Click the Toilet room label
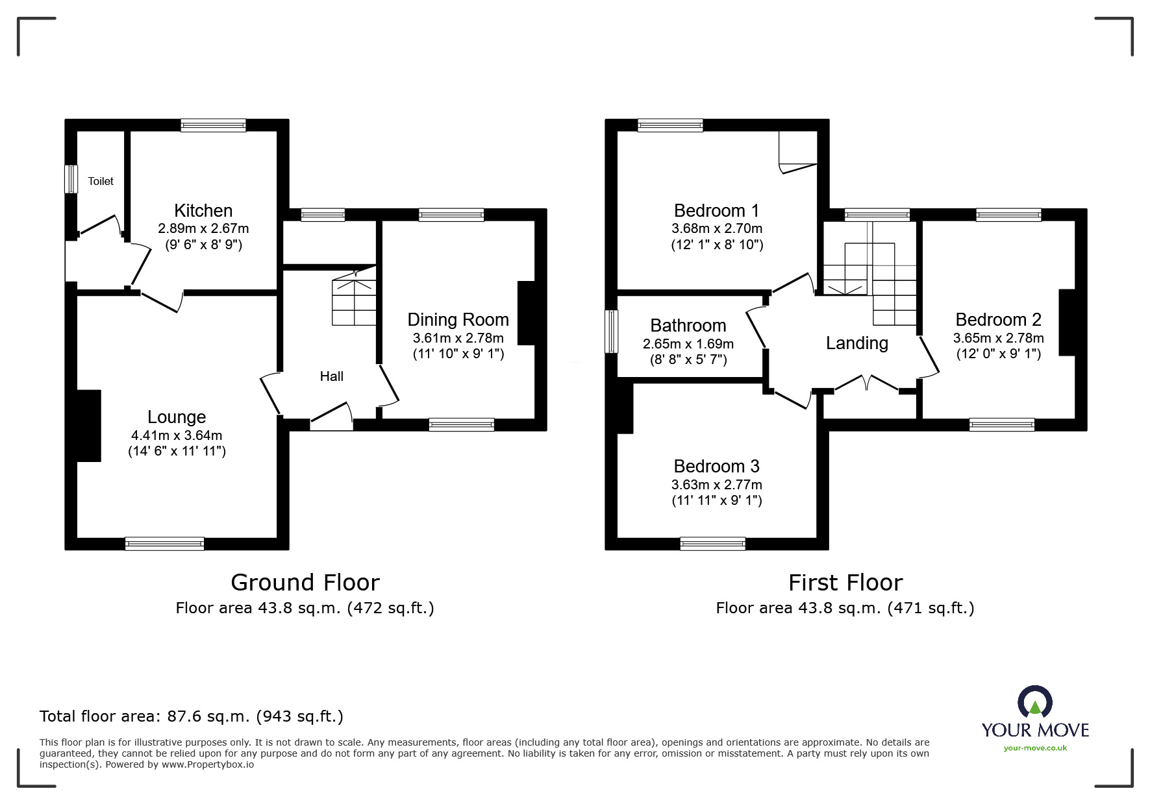pyautogui.click(x=101, y=181)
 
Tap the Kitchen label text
pyautogui.click(x=203, y=210)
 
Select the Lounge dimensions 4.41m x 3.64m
pyautogui.click(x=177, y=435)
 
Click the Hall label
pyautogui.click(x=331, y=376)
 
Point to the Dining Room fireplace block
pyautogui.click(x=526, y=313)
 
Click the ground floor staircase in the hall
pyautogui.click(x=354, y=302)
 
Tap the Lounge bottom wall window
pyautogui.click(x=164, y=544)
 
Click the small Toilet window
pyautogui.click(x=70, y=179)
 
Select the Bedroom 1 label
pyautogui.click(x=716, y=210)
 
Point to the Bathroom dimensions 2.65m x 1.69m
pyautogui.click(x=688, y=344)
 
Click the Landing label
pyautogui.click(x=856, y=343)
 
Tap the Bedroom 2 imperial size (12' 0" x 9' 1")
pyautogui.click(x=998, y=354)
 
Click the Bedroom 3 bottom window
pyautogui.click(x=712, y=544)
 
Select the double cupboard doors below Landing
pyautogui.click(x=867, y=384)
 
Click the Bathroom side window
pyautogui.click(x=611, y=332)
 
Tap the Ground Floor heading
pyautogui.click(x=305, y=582)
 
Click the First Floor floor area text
pyautogui.click(x=845, y=607)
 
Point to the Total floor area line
pyautogui.click(x=192, y=716)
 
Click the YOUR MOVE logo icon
pyautogui.click(x=1034, y=703)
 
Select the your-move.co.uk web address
pyautogui.click(x=1035, y=748)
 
